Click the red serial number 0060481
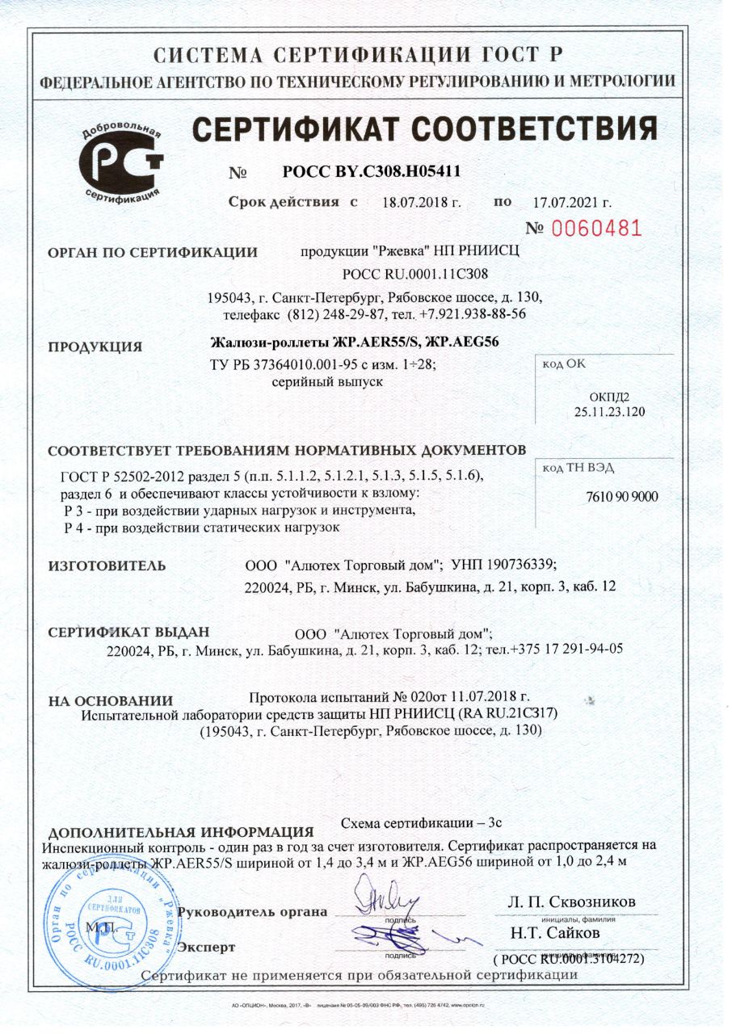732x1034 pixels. point(596,229)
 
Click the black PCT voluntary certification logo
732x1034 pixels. point(121,162)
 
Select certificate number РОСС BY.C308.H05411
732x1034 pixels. point(372,171)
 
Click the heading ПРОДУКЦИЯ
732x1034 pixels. point(95,347)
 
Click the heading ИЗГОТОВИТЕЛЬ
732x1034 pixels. point(107,565)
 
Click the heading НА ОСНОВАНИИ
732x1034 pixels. point(111,701)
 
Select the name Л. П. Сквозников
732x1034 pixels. point(571,902)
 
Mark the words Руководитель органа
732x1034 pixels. point(252,912)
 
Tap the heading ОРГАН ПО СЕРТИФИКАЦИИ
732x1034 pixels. point(153,253)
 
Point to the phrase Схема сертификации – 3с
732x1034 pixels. point(422,823)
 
